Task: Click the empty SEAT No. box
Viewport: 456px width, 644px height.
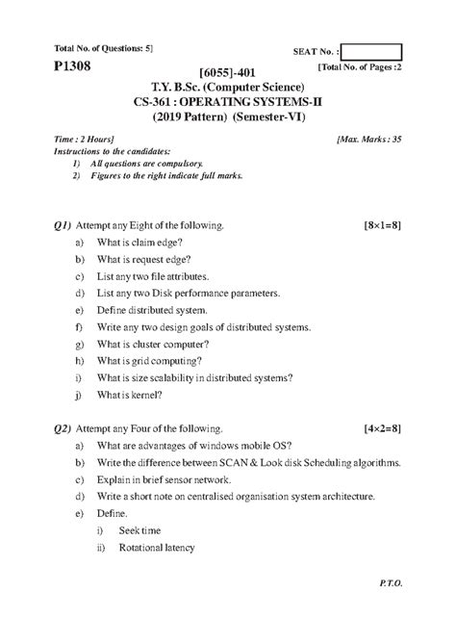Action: pyautogui.click(x=370, y=52)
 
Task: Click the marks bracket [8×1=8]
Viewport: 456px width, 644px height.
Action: pyautogui.click(x=382, y=224)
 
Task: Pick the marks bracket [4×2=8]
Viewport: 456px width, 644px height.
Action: pyautogui.click(x=382, y=425)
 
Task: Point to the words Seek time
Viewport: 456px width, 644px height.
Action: pyautogui.click(x=141, y=530)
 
